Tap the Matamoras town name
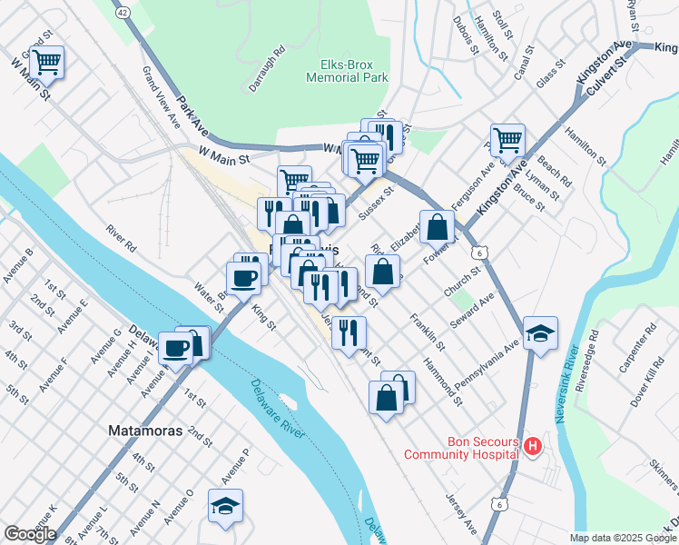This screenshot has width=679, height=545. click(x=145, y=430)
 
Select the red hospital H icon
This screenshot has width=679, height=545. click(x=533, y=447)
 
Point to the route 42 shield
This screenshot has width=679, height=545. click(x=123, y=12)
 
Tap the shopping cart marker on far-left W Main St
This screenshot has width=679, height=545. click(x=45, y=63)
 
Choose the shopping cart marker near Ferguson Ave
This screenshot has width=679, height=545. click(x=507, y=140)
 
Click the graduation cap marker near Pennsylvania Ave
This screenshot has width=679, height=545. click(x=540, y=332)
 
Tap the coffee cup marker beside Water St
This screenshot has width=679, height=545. click(x=242, y=277)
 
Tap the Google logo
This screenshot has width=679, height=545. click(x=30, y=534)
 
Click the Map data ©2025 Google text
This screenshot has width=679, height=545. click(x=623, y=538)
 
